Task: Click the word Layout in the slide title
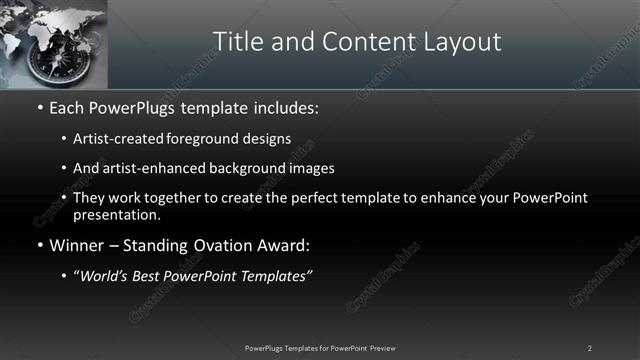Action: pos(463,41)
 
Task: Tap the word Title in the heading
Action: pos(240,41)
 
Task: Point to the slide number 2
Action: pos(590,347)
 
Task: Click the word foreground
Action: pos(203,138)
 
